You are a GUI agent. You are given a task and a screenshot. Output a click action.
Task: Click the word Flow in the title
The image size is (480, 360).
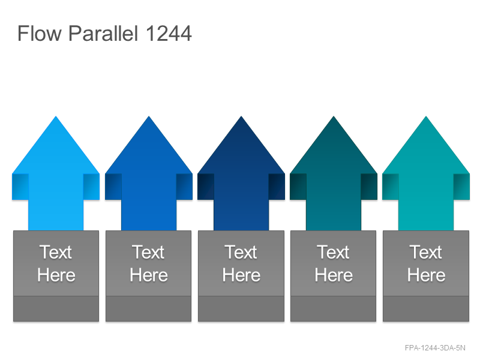point(40,33)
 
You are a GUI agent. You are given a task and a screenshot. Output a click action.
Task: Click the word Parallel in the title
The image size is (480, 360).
point(103,33)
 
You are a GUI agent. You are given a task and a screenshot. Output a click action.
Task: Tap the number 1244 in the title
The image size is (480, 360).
point(169,33)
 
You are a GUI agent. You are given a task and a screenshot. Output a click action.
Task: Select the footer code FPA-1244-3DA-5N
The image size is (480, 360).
point(435,348)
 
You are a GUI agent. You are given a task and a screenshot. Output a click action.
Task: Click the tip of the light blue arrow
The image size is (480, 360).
point(56,116)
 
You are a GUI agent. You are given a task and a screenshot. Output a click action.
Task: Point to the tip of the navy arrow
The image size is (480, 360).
point(241,116)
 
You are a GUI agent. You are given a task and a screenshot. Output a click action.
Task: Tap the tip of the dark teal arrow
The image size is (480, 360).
point(334,116)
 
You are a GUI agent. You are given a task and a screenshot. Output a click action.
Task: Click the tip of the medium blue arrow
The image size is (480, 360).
point(149,116)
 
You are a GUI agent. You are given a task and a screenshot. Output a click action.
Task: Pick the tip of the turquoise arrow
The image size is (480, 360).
point(426,116)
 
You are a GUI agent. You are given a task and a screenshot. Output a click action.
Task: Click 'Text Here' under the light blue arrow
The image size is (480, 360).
point(56,263)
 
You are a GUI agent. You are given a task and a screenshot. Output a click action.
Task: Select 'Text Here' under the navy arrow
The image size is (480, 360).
point(241,263)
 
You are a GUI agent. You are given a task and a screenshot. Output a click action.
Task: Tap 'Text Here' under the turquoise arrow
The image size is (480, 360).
point(426,263)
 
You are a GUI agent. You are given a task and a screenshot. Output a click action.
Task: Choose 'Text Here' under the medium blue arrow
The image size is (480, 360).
point(149,263)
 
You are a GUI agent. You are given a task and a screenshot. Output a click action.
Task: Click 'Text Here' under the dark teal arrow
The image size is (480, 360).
point(334,263)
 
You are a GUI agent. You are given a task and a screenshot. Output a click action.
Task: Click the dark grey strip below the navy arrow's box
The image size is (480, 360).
point(241,308)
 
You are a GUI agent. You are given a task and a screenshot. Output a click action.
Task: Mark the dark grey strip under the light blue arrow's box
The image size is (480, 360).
point(56,308)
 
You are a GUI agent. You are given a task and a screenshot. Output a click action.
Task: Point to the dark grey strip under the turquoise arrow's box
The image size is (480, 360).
point(426,308)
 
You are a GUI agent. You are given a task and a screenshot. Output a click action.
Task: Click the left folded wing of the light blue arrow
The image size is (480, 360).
point(20,187)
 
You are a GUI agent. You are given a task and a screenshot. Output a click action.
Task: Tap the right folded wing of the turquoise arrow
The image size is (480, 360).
point(461,187)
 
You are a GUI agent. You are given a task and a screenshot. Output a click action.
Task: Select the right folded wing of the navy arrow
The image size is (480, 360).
point(277,187)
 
